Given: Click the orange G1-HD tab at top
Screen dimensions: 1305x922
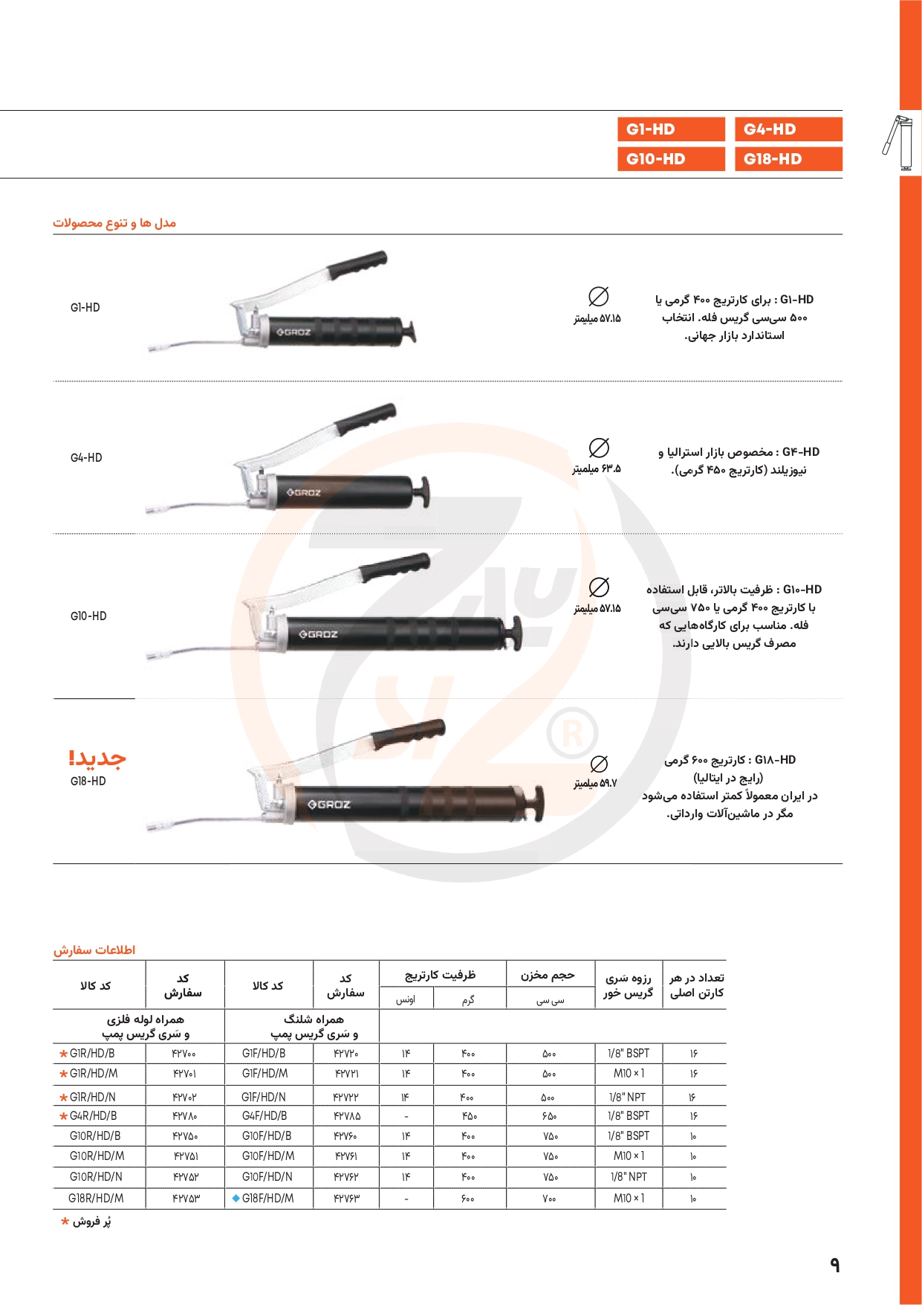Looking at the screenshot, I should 670,129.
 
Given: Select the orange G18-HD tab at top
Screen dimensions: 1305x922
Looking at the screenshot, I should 788,159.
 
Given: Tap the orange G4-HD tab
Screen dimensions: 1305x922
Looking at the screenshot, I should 788,129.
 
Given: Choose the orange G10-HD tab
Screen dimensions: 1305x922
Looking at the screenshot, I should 670,159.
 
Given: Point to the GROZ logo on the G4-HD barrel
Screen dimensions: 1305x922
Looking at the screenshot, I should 304,492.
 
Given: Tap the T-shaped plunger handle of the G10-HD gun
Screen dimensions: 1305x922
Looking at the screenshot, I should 513,634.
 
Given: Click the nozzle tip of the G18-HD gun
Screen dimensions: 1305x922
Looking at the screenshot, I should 152,826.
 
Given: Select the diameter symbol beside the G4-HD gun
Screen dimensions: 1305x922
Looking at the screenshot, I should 599,448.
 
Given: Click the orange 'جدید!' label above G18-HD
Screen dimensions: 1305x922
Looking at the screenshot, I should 97,758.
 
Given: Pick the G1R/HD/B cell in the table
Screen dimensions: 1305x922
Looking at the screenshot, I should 92,1054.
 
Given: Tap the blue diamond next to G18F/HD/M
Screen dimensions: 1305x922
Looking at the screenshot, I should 236,1198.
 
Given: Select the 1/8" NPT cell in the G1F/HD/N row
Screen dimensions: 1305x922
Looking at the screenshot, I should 628,1097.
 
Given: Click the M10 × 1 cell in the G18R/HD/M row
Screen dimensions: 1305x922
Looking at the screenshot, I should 629,1198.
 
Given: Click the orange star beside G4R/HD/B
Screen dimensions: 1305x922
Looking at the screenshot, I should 64,1116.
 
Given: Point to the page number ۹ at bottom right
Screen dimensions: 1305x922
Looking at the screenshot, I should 834,1265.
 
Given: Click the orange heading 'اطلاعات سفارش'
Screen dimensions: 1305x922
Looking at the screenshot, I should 94,950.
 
